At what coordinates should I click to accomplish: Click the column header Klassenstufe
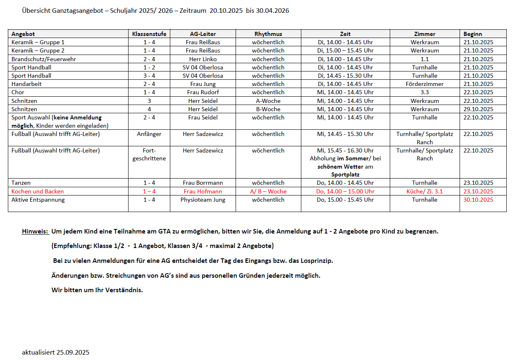point(149,34)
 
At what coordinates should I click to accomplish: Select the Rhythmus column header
point(268,34)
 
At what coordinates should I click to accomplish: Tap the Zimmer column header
point(424,34)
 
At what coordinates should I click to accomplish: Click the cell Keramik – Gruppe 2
point(38,50)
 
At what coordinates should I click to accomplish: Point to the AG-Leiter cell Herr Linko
point(203,59)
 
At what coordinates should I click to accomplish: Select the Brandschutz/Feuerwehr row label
point(43,59)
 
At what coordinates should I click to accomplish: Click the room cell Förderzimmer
point(424,84)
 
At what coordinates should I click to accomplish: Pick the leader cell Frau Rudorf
point(203,92)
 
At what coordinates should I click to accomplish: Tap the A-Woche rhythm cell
point(268,101)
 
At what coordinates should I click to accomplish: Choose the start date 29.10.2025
point(478,109)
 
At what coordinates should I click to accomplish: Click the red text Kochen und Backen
point(38,191)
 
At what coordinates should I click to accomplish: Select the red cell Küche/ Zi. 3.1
point(424,191)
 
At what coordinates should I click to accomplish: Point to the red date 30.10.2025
point(478,200)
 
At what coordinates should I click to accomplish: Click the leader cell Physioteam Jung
point(203,200)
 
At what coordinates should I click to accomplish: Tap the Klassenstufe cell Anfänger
point(149,134)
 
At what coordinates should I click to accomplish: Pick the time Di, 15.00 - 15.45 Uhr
point(345,50)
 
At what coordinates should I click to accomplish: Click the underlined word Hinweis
point(35,231)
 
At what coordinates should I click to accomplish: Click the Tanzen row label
point(21,183)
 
